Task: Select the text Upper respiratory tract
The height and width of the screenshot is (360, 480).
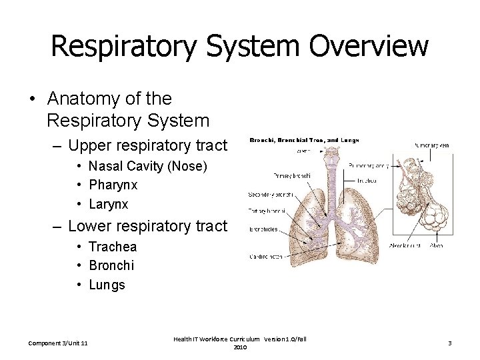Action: coord(147,145)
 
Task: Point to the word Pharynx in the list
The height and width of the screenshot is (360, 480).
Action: coord(113,185)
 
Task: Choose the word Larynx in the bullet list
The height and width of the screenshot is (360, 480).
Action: coord(108,204)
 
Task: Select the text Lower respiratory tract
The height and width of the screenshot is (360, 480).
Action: coord(147,227)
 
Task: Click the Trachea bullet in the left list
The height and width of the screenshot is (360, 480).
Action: coord(112,247)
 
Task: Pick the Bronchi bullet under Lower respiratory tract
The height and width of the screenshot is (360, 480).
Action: coord(111,265)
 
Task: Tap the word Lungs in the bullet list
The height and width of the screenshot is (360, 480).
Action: coord(107,285)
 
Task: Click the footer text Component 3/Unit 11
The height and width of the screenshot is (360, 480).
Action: coord(59,343)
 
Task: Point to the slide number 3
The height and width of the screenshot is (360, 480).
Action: coord(450,343)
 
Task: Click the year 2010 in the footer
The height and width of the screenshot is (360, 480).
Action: coord(240,347)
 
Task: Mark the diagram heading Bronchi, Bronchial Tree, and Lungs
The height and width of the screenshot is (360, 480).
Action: coord(304,141)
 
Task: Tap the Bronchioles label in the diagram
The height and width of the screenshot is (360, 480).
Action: coord(263,229)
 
